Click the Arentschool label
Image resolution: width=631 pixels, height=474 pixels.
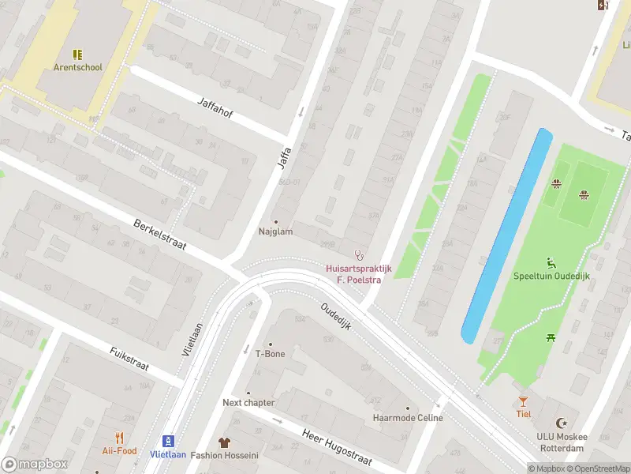click(x=77, y=67)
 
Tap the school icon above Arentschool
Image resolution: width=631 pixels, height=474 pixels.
click(x=77, y=55)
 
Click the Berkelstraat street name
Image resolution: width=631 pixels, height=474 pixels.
click(x=160, y=235)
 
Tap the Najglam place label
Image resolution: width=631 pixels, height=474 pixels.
click(x=275, y=231)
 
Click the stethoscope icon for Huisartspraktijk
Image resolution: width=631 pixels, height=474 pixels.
click(x=359, y=255)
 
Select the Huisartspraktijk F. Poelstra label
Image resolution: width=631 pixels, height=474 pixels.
click(x=359, y=273)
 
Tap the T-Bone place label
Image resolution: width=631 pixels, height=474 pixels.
click(x=270, y=354)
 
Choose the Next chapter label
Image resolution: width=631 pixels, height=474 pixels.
click(x=248, y=402)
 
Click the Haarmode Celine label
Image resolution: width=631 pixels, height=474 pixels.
click(x=408, y=417)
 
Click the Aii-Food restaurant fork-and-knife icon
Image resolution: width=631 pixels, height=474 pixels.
click(x=120, y=438)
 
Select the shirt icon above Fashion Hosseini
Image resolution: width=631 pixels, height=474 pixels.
click(x=224, y=442)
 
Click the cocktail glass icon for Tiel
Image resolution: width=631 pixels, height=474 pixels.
click(x=523, y=401)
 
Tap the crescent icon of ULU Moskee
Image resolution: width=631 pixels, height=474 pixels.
click(x=562, y=424)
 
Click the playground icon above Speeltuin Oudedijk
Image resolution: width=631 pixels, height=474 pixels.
click(x=551, y=262)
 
